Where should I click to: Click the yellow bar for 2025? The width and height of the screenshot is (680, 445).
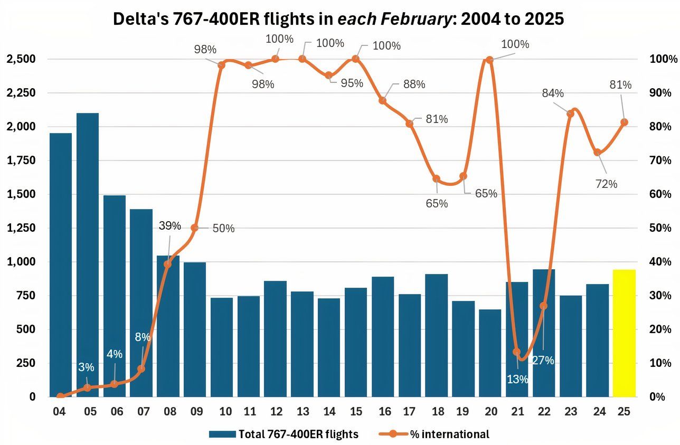[624, 333]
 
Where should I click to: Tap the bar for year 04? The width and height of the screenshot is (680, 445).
[61, 264]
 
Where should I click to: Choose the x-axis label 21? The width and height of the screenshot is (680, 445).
[517, 412]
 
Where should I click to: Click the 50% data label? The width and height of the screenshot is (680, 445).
[224, 229]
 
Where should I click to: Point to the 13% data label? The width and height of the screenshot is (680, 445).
[517, 378]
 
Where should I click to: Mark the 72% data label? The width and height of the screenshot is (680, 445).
[606, 184]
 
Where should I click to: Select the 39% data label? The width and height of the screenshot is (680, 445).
[170, 226]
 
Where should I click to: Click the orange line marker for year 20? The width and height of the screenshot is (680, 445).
[489, 60]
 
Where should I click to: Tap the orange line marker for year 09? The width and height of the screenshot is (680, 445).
[195, 228]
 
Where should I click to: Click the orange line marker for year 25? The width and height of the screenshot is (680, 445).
[625, 122]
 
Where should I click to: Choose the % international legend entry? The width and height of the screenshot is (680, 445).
[449, 434]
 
